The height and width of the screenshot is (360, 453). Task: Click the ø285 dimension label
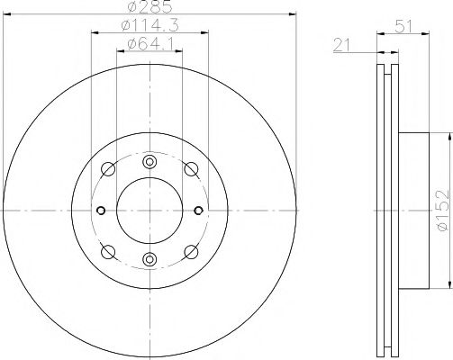tap(149, 6)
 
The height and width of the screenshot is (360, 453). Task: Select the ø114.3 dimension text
tap(149, 25)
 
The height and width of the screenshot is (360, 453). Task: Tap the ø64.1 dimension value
tap(149, 44)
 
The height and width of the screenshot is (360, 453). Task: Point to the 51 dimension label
tap(403, 27)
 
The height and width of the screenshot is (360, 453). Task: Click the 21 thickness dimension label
tap(342, 46)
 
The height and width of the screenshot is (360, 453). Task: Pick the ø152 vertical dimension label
tap(444, 211)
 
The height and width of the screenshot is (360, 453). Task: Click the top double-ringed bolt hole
tap(149, 162)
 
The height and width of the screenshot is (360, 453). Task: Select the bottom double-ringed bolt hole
tap(149, 259)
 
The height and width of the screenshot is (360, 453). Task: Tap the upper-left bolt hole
tap(108, 169)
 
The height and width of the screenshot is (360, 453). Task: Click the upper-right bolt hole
tap(191, 169)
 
